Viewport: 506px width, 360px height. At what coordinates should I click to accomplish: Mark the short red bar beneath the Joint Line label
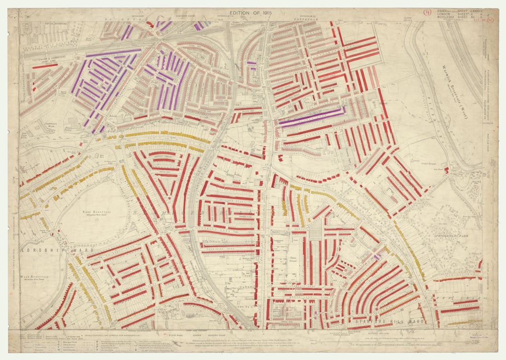(x=45, y=66)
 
